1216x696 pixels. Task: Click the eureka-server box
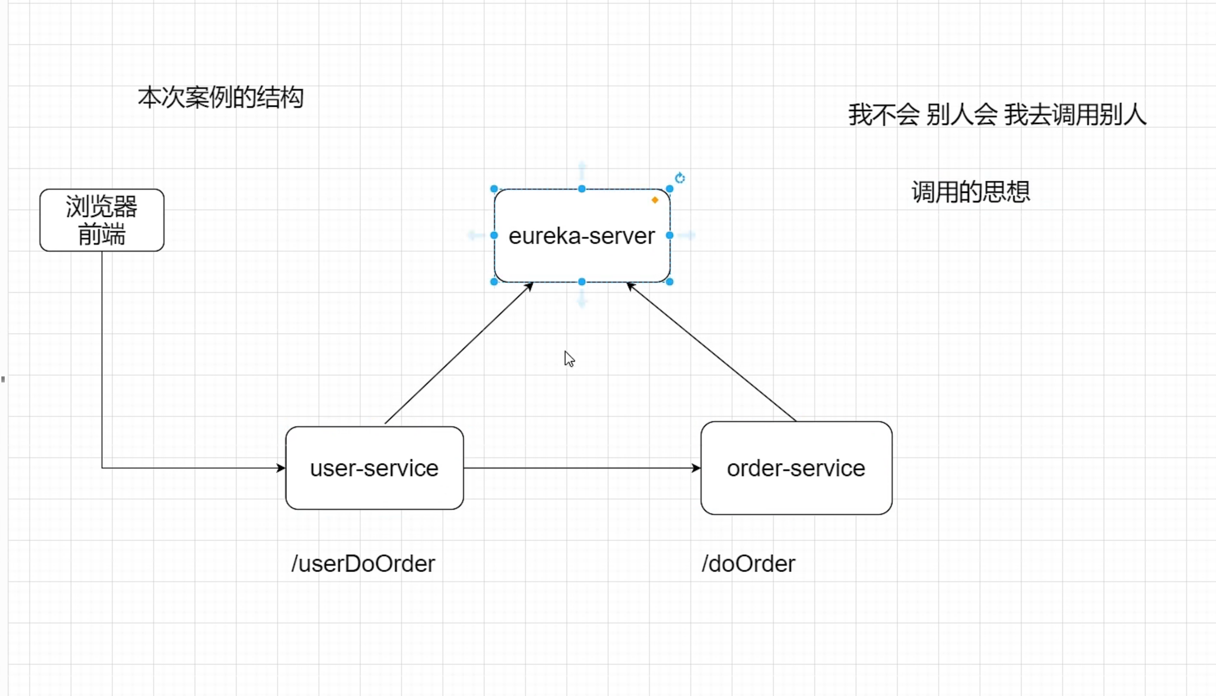582,235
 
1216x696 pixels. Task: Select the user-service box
375,468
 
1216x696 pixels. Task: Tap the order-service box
797,468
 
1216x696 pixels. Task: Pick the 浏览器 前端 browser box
102,220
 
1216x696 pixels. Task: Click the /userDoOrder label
363,564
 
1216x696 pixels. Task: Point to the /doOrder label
748,564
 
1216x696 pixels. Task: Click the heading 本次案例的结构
220,98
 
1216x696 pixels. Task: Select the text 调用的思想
971,192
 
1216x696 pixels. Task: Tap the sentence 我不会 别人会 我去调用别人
997,115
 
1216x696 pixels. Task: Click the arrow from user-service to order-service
582,468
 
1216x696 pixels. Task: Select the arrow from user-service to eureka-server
459,353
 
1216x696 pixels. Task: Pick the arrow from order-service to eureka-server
712,352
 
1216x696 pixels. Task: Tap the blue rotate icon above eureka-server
680,178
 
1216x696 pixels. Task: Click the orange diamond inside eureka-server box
655,200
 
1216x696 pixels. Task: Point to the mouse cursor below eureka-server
569,359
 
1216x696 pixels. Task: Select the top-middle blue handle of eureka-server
582,189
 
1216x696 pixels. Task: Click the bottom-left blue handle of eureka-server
494,282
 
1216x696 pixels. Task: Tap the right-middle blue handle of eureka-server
670,235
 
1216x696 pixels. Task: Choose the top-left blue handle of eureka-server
494,189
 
